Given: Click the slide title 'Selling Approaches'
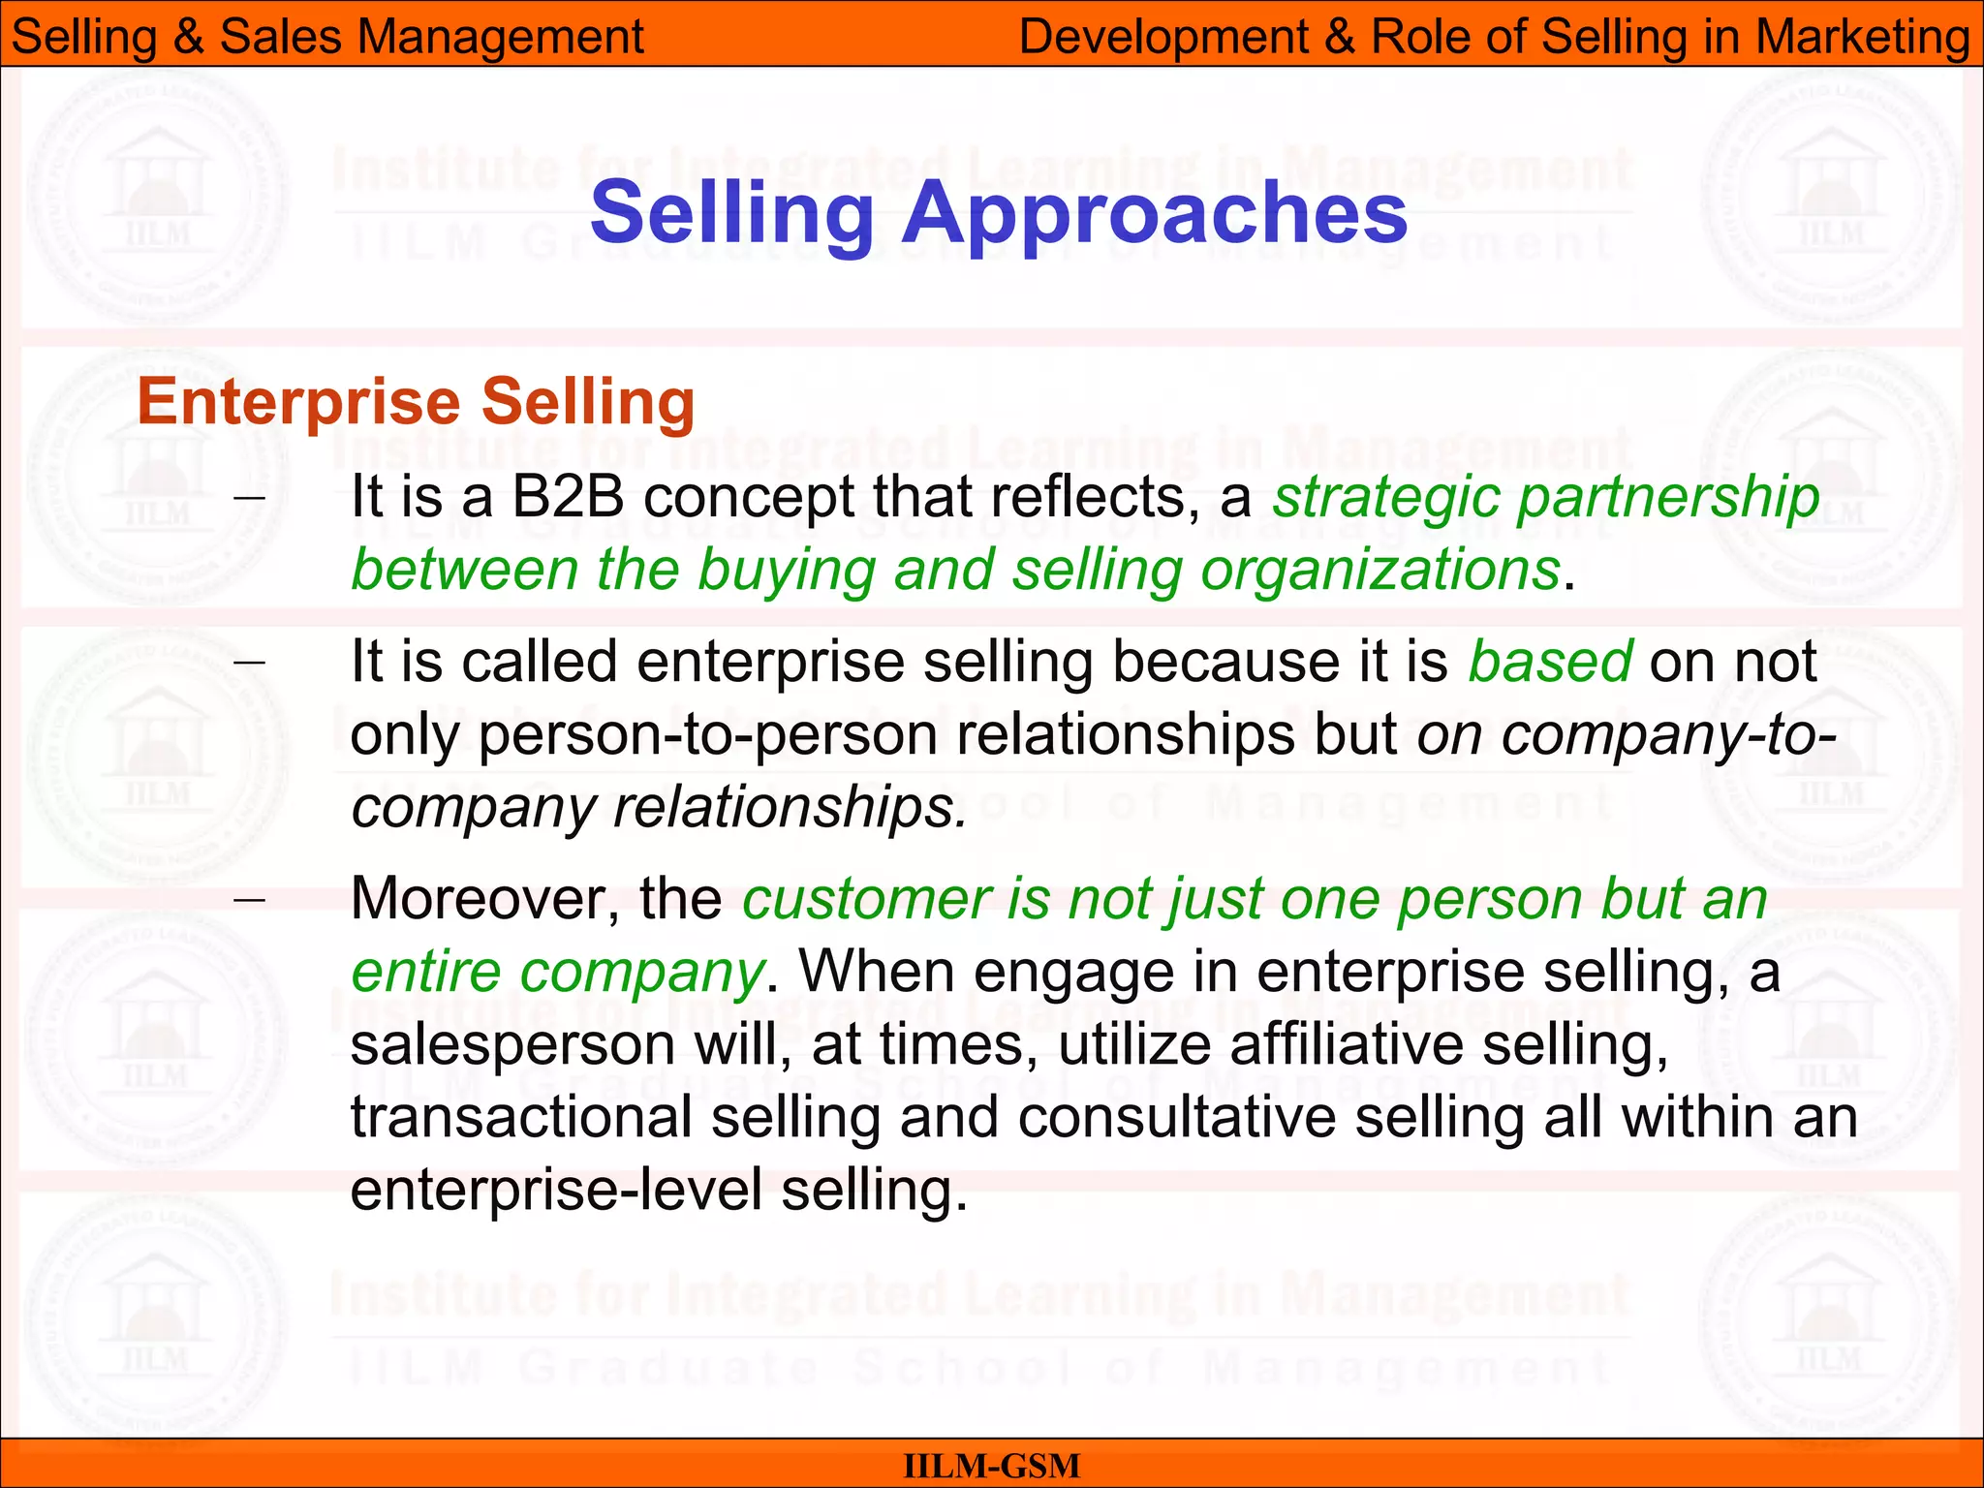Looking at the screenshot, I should tap(998, 213).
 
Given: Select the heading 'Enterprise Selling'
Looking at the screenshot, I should tap(417, 402).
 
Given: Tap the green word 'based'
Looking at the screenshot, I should tap(1550, 662).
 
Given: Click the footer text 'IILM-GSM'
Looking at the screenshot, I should tap(991, 1466).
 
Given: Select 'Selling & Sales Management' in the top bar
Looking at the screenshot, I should tap(327, 37).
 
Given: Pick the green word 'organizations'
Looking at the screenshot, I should tap(1380, 570).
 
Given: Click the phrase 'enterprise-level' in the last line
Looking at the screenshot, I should tap(557, 1191).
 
